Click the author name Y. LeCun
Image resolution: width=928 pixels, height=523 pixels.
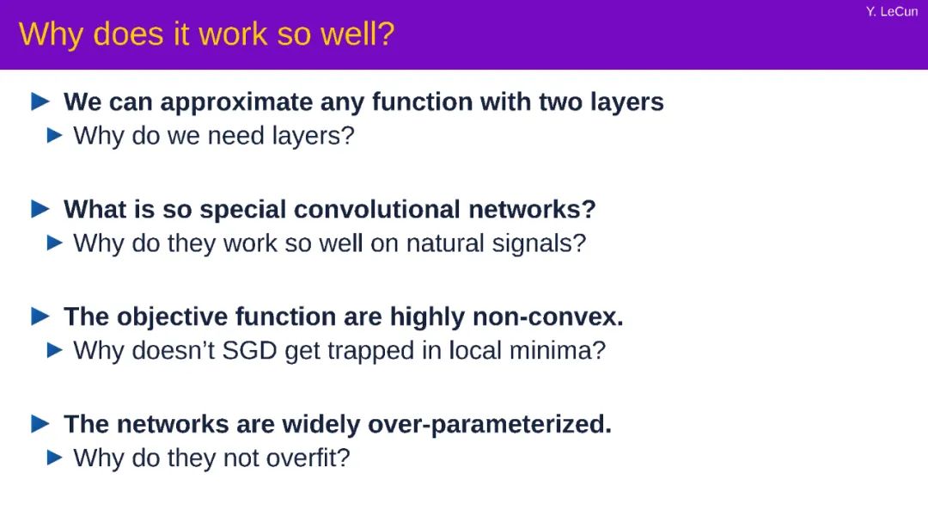[x=892, y=11]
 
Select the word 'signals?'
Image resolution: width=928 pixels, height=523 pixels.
[x=539, y=243]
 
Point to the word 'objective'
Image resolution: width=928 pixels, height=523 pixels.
[x=172, y=317]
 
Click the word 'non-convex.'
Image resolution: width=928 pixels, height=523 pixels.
[x=548, y=317]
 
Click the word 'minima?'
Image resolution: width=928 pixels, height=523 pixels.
[x=558, y=351]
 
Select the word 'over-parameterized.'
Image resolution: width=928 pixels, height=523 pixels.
[x=490, y=425]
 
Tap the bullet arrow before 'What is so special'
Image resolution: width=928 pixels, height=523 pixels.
[x=40, y=209]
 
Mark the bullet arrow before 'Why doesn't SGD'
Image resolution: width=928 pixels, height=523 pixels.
[x=54, y=350]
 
